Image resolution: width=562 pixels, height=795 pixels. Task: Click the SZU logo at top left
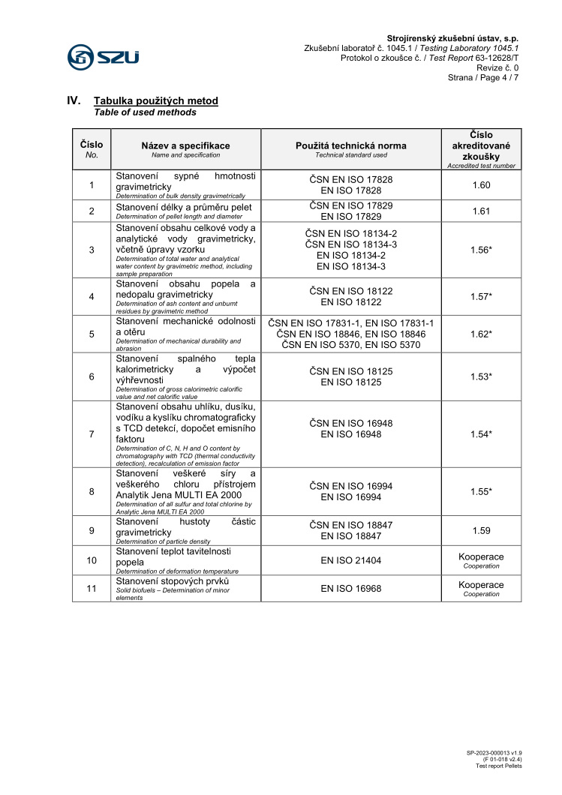104,56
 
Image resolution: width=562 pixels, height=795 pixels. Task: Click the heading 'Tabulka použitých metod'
155,100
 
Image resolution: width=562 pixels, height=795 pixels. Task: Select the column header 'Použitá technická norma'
350,145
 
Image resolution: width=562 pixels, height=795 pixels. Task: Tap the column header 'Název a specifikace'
185,145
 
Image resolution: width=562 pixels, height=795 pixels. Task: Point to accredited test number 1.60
481,185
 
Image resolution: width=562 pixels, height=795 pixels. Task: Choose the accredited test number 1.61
481,211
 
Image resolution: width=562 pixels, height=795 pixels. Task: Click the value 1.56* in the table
481,250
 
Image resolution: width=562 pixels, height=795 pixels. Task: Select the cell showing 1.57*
481,296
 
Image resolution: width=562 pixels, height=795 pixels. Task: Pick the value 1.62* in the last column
481,334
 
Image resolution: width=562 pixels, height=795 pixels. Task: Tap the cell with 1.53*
481,376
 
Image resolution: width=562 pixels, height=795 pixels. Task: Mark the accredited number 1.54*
481,434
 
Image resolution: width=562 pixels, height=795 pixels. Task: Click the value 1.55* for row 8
481,491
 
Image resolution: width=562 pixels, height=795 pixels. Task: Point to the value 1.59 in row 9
481,530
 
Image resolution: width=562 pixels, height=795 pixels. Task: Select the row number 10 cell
92,560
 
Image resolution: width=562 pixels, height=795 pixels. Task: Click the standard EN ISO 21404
350,560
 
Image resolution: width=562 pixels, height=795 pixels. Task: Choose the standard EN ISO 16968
350,589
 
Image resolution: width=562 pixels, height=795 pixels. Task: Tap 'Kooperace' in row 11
481,585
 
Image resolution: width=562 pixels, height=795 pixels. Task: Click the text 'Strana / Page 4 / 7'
483,77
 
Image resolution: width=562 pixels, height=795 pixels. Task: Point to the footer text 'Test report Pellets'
499,766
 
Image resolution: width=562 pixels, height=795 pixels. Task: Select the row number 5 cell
92,334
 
